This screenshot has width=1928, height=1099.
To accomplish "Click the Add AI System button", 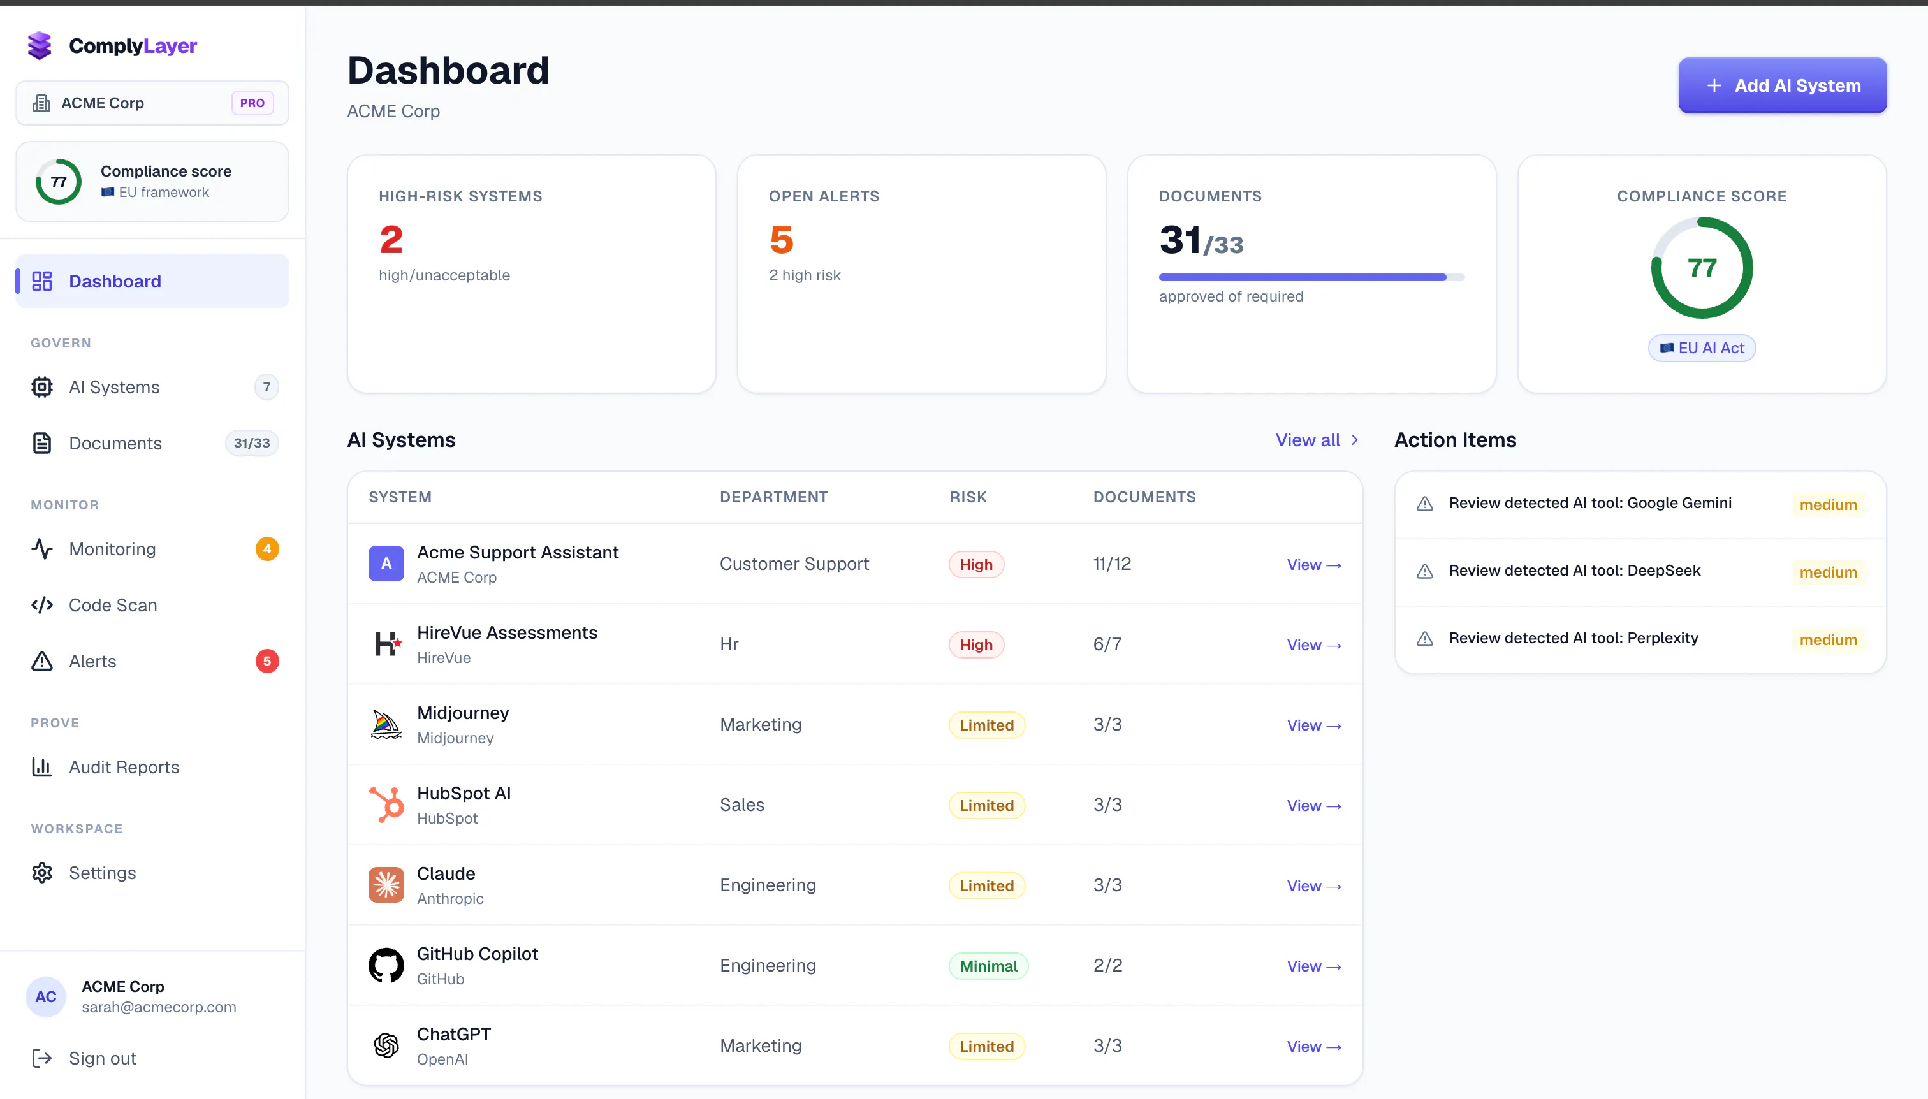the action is pos(1781,85).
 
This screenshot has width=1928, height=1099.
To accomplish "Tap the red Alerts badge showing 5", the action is pos(267,661).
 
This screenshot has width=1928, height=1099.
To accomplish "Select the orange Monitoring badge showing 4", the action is pos(267,549).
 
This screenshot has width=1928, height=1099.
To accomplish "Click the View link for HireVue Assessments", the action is pos(1313,644).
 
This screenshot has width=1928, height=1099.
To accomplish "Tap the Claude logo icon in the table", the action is pos(386,885).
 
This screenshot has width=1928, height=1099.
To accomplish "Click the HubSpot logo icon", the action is pos(386,804).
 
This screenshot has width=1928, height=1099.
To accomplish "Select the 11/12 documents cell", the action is pos(1112,563).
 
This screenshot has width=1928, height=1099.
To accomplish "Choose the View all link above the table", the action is pos(1317,439).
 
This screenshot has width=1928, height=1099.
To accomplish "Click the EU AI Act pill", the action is pos(1702,348).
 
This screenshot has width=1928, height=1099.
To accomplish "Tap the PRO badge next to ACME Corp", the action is pos(252,103).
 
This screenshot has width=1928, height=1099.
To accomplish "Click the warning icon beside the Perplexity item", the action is pos(1424,639).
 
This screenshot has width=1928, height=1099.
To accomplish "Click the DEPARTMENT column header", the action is pos(774,497).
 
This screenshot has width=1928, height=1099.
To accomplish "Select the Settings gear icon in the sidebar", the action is pos(41,873).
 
